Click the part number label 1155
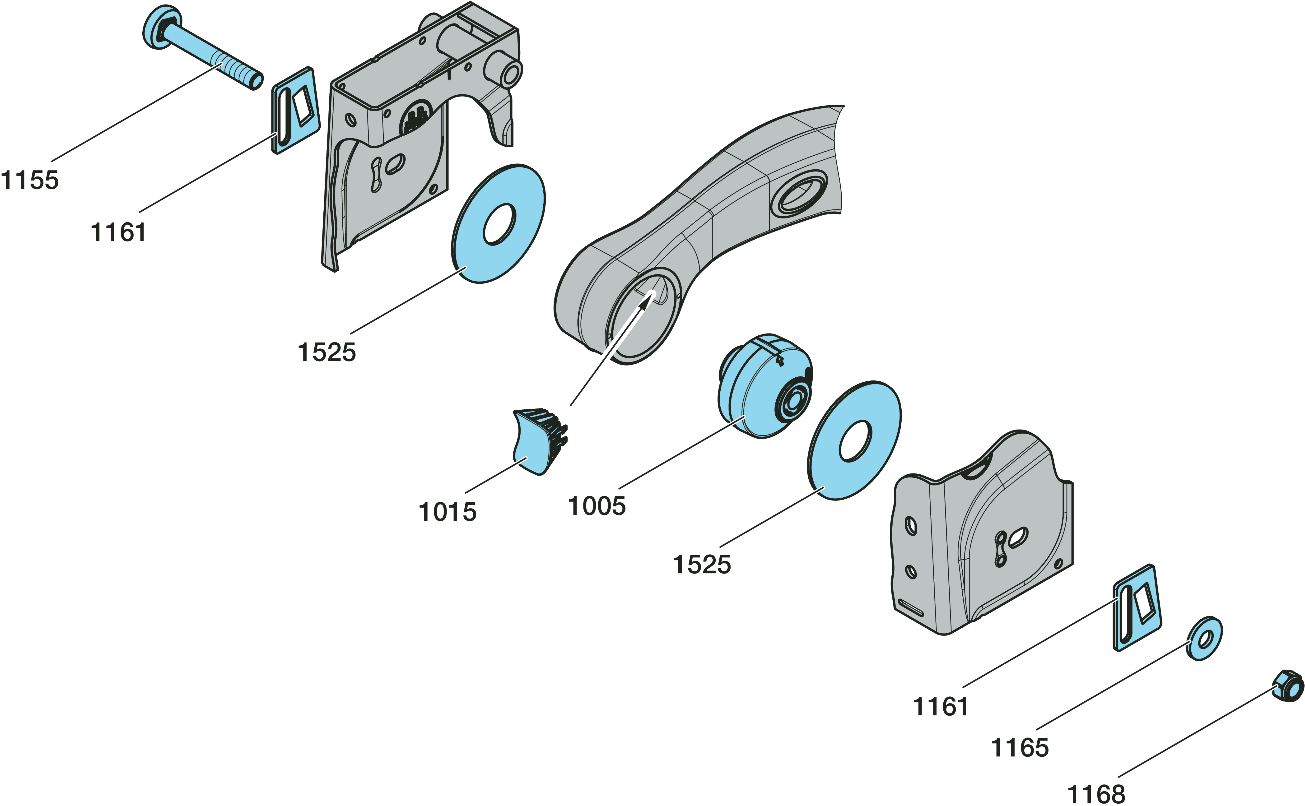click(30, 180)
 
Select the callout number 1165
click(1019, 747)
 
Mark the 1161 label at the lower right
click(940, 706)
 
